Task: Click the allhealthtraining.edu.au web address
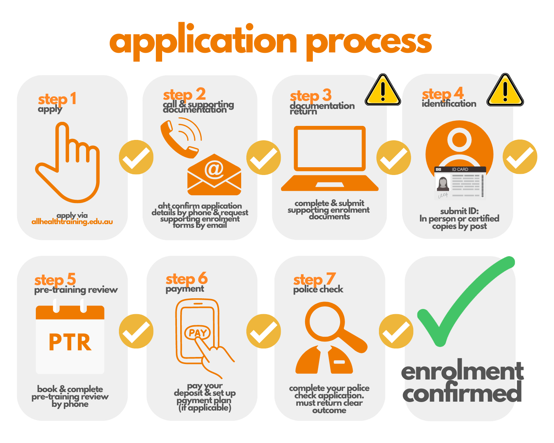(x=72, y=222)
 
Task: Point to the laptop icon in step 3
(x=330, y=159)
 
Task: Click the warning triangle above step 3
(x=383, y=91)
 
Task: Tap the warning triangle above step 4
(x=505, y=91)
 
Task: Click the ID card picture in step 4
(x=460, y=182)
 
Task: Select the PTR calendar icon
(x=70, y=339)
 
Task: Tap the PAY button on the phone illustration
(x=197, y=333)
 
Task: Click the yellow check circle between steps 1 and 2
(x=136, y=157)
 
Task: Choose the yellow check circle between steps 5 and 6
(x=136, y=331)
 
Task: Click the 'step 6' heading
(x=187, y=279)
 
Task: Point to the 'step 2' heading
(x=184, y=95)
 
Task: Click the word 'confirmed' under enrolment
(x=462, y=393)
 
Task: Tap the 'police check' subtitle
(x=318, y=289)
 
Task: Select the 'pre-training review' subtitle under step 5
(x=76, y=290)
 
